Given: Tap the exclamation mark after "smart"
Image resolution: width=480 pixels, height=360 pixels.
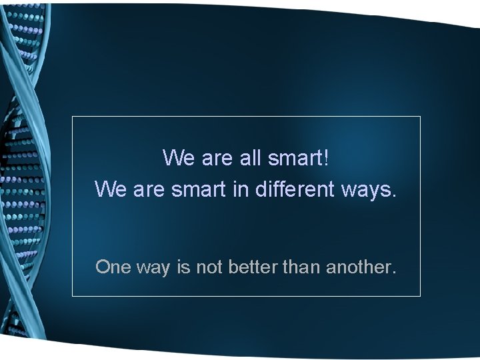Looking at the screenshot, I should (327, 158).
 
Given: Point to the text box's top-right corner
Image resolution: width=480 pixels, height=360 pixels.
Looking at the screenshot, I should (421, 117).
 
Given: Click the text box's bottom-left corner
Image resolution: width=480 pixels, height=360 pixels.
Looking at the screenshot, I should (72, 295).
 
